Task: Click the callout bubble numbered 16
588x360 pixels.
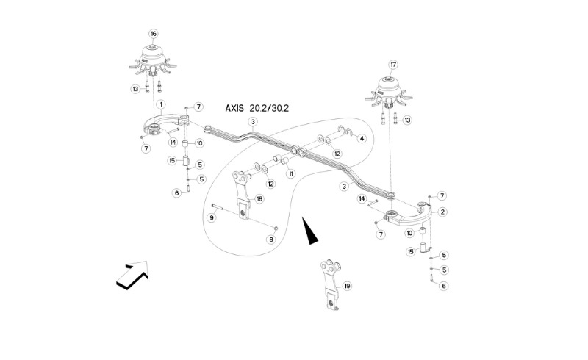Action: pyautogui.click(x=154, y=34)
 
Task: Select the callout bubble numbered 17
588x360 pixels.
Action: pyautogui.click(x=392, y=64)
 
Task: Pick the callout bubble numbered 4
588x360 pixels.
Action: pyautogui.click(x=362, y=137)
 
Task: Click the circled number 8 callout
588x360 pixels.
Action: pyautogui.click(x=270, y=240)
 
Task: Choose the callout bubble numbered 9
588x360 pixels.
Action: pyautogui.click(x=212, y=217)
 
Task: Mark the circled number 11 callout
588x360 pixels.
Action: pyautogui.click(x=291, y=174)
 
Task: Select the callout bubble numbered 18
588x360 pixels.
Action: pyautogui.click(x=259, y=198)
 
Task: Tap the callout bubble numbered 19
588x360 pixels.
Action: pyautogui.click(x=348, y=286)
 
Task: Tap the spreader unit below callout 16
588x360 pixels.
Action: pyautogui.click(x=153, y=62)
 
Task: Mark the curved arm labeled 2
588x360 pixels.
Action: pyautogui.click(x=413, y=215)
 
